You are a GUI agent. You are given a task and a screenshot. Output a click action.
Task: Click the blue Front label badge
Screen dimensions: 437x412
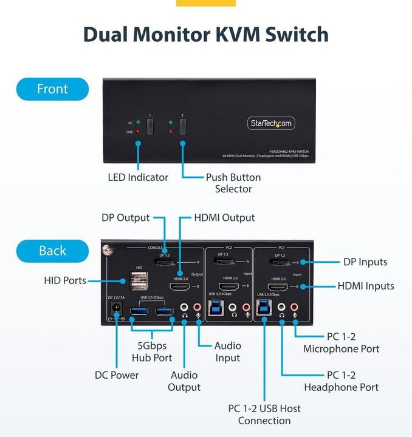(x=52, y=89)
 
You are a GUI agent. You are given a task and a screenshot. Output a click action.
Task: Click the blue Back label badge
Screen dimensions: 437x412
(x=52, y=251)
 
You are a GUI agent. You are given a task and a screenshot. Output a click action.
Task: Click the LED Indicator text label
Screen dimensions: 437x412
(x=138, y=177)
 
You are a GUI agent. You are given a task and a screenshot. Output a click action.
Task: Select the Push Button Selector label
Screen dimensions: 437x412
(x=233, y=183)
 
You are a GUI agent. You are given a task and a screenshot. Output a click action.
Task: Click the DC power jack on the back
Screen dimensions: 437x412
(x=114, y=311)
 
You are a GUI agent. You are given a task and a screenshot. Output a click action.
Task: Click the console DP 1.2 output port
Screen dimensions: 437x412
(x=165, y=263)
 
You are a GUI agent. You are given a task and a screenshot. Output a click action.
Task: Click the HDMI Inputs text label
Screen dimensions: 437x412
(x=366, y=286)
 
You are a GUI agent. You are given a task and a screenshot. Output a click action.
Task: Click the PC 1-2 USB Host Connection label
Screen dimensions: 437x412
(x=264, y=415)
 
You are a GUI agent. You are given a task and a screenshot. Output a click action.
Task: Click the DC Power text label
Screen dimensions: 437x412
(x=117, y=375)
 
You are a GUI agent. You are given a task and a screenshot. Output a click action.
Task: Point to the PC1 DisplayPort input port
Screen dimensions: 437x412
(x=278, y=263)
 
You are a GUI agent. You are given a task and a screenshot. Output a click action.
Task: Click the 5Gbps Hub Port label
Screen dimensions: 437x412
(x=152, y=351)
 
